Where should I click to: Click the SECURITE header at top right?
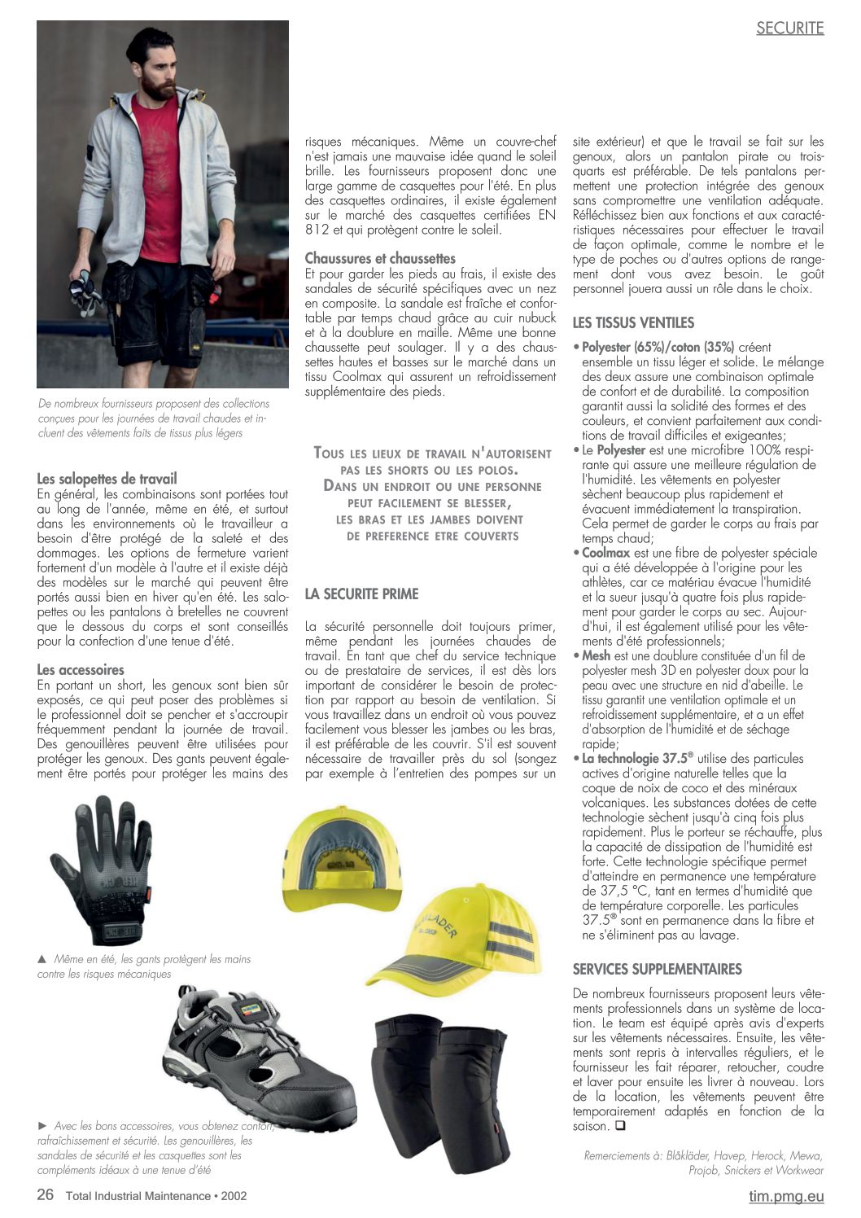click(789, 28)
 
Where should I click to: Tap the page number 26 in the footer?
click(46, 1195)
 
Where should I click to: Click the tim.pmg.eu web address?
click(786, 1196)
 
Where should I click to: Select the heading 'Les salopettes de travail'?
click(107, 479)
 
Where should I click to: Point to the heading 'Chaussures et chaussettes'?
click(380, 258)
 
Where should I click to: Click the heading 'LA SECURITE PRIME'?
click(361, 594)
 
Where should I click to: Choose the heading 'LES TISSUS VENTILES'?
click(633, 322)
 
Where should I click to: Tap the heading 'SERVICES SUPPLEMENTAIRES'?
click(657, 969)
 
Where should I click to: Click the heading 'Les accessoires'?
click(81, 669)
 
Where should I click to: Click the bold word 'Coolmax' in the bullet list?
click(606, 553)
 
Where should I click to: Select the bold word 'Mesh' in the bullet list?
click(596, 655)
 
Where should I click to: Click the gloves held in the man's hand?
click(86, 291)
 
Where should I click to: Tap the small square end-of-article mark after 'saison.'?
click(620, 1126)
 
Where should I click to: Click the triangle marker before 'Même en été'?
click(42, 959)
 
